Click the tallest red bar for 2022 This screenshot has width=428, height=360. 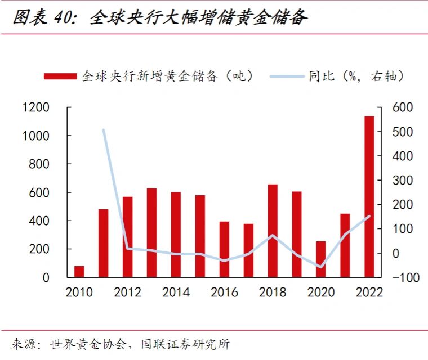tap(369, 197)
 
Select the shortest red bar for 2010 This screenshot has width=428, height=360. tap(79, 272)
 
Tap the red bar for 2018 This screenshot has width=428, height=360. tap(273, 231)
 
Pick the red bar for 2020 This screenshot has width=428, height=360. tap(320, 259)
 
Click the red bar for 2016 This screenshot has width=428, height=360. tap(224, 249)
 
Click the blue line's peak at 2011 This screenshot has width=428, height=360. tap(104, 130)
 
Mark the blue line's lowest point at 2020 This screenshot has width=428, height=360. tap(320, 267)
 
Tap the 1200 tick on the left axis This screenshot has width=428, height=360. tap(36, 107)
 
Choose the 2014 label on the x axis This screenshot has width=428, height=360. tap(176, 292)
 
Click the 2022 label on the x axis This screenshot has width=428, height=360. tap(369, 292)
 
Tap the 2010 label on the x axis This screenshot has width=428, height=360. tap(79, 292)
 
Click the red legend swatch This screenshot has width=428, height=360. tap(60, 76)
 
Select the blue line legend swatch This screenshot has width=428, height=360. tap(288, 76)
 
